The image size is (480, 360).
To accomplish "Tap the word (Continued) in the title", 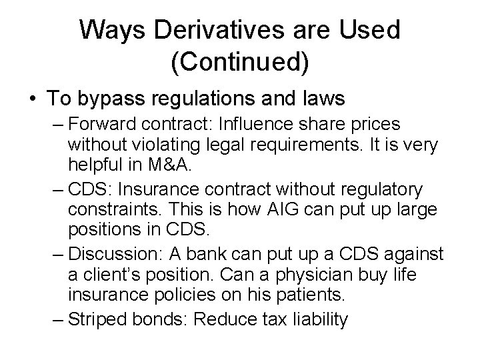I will pos(239,62).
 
